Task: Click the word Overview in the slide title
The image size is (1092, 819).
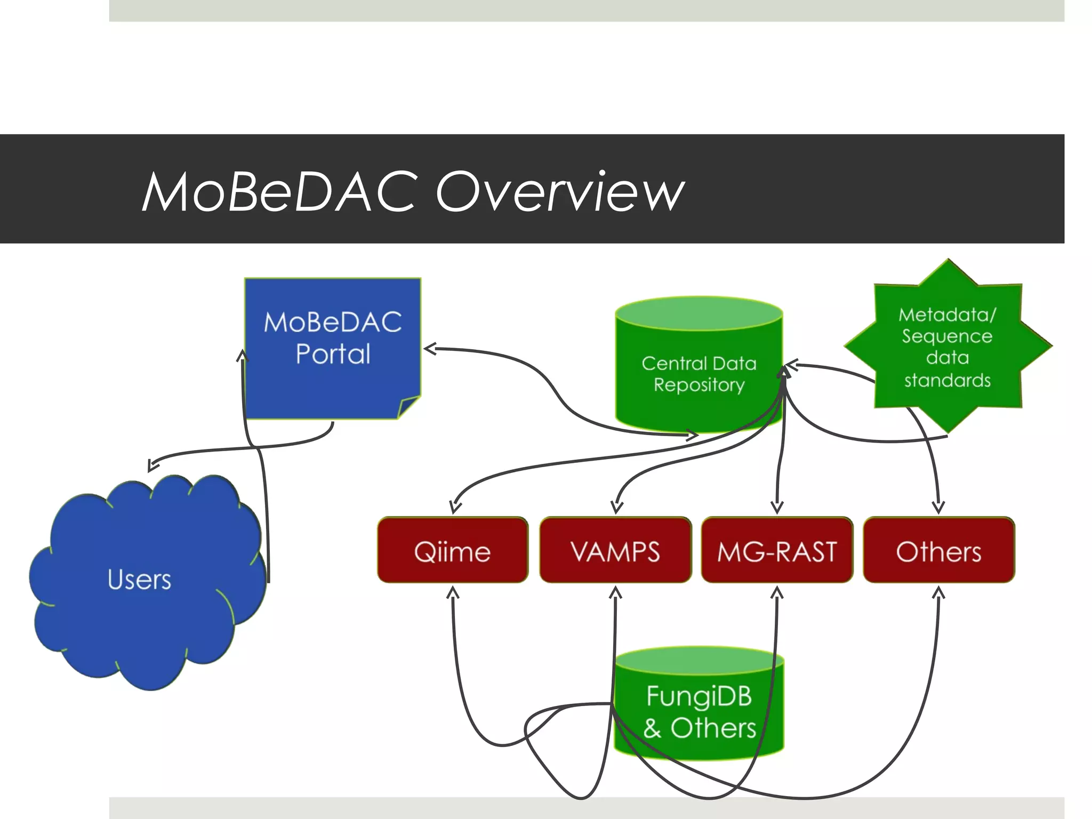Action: click(560, 192)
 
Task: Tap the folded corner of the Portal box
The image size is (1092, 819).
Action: click(409, 408)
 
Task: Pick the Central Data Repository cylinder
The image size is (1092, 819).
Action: click(699, 373)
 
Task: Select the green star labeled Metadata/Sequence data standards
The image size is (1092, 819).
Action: click(947, 347)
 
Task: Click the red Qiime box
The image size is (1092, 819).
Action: click(453, 551)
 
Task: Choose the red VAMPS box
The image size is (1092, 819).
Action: click(615, 551)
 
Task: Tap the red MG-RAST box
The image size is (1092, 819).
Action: click(777, 551)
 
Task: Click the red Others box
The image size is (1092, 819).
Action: click(938, 551)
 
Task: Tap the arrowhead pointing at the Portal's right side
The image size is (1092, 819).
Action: click(429, 349)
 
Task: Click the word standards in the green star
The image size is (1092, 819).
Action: click(947, 380)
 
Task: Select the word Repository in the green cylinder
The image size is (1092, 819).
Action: click(699, 384)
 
